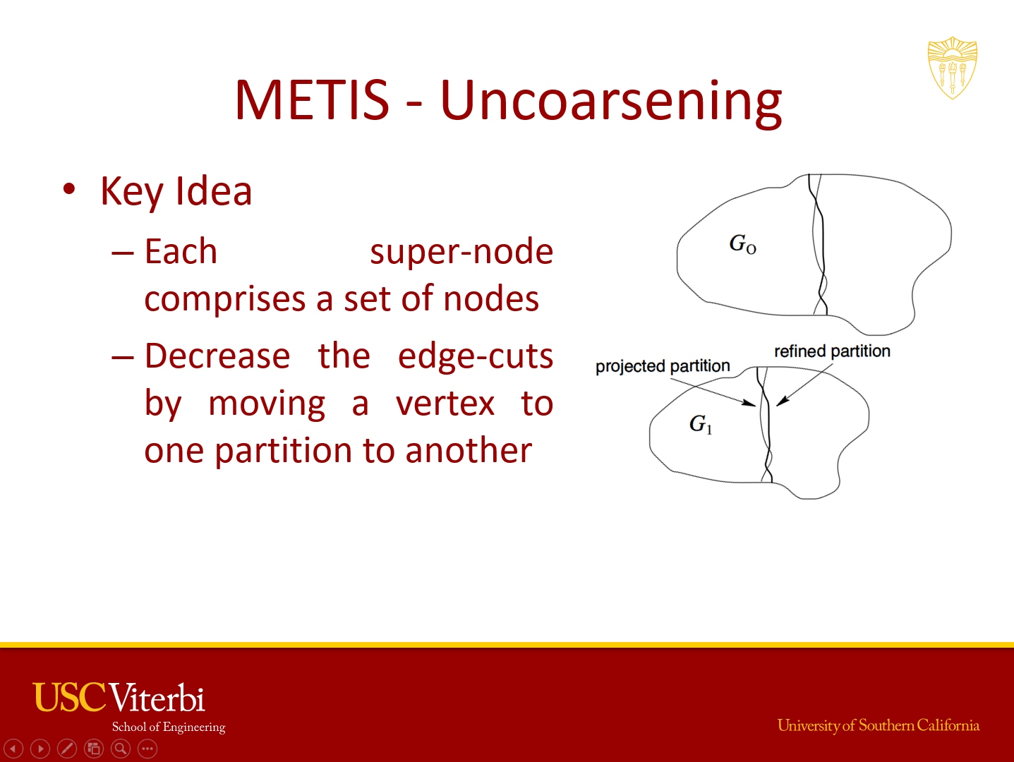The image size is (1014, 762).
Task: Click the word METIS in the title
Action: (312, 100)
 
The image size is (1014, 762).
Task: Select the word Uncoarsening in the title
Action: (611, 102)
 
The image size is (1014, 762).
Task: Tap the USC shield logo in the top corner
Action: (953, 68)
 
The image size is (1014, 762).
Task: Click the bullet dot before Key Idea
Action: (69, 188)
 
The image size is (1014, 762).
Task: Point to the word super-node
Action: (461, 252)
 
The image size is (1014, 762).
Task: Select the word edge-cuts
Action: (476, 356)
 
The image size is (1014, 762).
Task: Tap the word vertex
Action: (445, 404)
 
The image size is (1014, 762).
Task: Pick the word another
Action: (469, 450)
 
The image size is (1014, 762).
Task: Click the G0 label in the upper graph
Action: (742, 243)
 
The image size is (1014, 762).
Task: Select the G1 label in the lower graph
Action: (701, 424)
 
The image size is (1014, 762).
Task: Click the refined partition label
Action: (833, 351)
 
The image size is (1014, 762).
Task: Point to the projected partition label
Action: (663, 367)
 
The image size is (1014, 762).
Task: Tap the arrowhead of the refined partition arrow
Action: (779, 404)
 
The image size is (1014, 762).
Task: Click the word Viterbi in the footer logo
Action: (157, 698)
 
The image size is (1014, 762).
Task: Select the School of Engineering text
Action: (169, 727)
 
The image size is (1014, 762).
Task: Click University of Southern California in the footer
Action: (879, 725)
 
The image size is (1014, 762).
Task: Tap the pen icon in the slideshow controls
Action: (67, 749)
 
